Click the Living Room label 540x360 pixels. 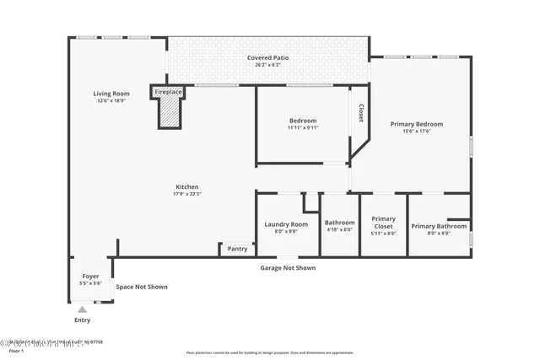(x=111, y=93)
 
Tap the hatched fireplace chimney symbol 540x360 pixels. (x=170, y=110)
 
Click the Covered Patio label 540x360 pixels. (x=267, y=58)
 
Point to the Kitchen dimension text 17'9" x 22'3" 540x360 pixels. (x=186, y=194)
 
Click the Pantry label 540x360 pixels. (x=237, y=249)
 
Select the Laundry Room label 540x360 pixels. (x=286, y=224)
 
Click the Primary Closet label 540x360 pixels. (x=383, y=222)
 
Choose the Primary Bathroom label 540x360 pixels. (x=438, y=226)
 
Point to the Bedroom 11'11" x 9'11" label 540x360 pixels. (x=302, y=124)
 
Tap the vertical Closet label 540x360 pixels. (x=361, y=113)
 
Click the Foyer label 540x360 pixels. (x=90, y=277)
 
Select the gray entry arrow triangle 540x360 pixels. (x=82, y=310)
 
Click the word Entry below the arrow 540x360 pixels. (x=82, y=320)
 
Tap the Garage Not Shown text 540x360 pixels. (x=287, y=268)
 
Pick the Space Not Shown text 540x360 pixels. (x=142, y=287)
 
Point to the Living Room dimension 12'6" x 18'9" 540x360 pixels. (x=111, y=100)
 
